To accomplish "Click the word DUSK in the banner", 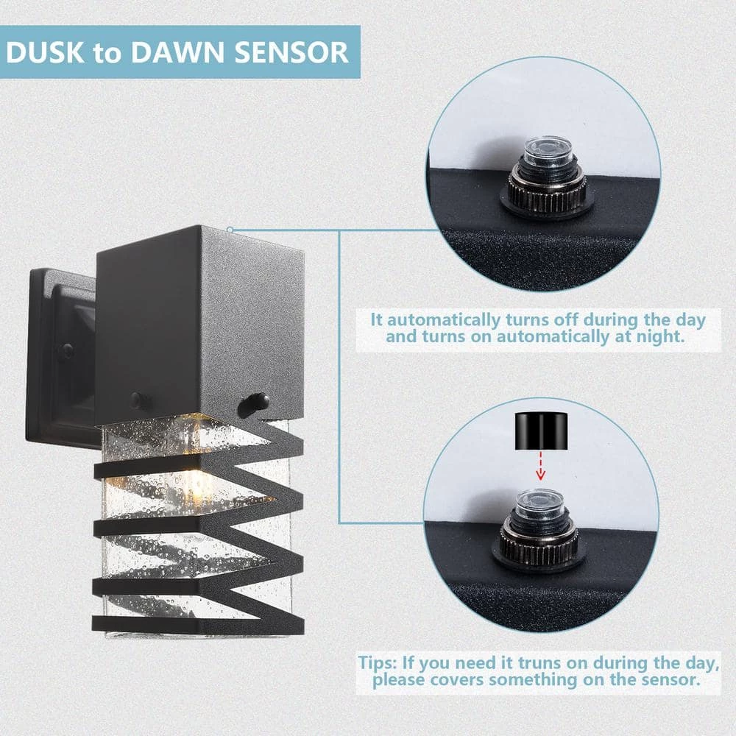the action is (x=45, y=52).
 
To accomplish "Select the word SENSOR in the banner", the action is (x=291, y=52).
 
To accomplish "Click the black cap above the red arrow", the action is (x=541, y=431).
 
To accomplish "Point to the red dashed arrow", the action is (x=540, y=466).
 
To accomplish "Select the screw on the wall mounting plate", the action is (x=67, y=350).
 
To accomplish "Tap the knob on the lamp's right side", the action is (x=253, y=405).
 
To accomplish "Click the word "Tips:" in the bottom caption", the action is (x=378, y=664).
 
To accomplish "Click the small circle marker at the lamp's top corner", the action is (x=230, y=230).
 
